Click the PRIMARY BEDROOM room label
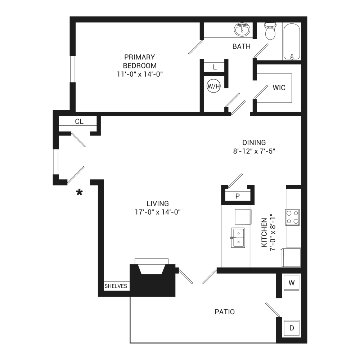tap(140, 61)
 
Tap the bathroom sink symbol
tap(242, 29)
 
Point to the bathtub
tap(292, 41)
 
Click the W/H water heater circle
tap(213, 86)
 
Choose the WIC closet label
tap(279, 87)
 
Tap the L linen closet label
tap(215, 67)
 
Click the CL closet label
tap(79, 122)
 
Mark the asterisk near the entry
tap(79, 193)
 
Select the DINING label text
tap(254, 142)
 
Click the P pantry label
tap(237, 196)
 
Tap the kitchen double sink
tap(238, 238)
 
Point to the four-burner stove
tap(293, 217)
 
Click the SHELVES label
tap(116, 286)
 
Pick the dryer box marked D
tap(292, 328)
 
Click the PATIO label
tap(225, 312)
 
